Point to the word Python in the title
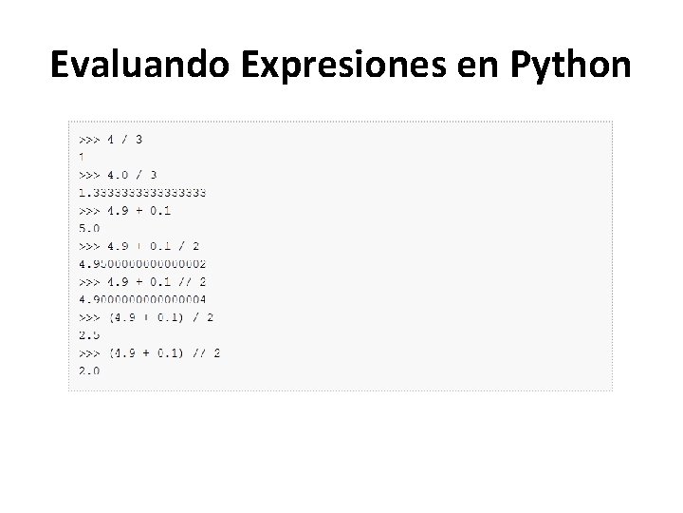[570, 65]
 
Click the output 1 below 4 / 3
[82, 157]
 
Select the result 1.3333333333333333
[142, 192]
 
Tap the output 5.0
[89, 228]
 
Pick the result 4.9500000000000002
[142, 263]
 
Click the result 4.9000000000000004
[142, 299]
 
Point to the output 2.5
[89, 334]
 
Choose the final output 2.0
[89, 370]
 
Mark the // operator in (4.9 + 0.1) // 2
[198, 352]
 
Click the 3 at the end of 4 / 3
[139, 139]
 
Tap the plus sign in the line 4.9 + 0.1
[138, 210]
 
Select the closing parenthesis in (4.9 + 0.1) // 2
[182, 352]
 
